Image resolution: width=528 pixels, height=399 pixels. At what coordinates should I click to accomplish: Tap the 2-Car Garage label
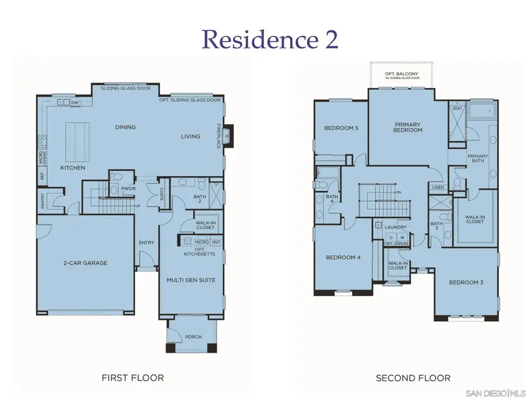pos(86,263)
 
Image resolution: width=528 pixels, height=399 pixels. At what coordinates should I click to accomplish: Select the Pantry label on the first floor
pos(43,200)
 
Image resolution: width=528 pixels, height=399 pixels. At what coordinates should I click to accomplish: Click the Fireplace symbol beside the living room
pos(228,137)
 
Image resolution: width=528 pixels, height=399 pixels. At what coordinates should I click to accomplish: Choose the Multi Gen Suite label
pos(191,280)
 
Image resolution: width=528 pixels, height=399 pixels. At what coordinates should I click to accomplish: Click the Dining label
pos(126,127)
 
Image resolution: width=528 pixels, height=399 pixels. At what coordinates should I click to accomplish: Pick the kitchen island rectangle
pos(75,142)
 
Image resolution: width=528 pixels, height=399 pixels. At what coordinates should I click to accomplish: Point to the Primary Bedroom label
pos(408,127)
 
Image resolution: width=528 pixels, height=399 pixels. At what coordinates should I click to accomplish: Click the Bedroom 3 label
pos(466,283)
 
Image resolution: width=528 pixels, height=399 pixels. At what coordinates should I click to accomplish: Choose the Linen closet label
pos(438,187)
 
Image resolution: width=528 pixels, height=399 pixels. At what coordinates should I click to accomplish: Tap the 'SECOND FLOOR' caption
pos(413,378)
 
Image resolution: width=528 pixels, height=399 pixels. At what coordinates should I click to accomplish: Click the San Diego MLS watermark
pos(495,391)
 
